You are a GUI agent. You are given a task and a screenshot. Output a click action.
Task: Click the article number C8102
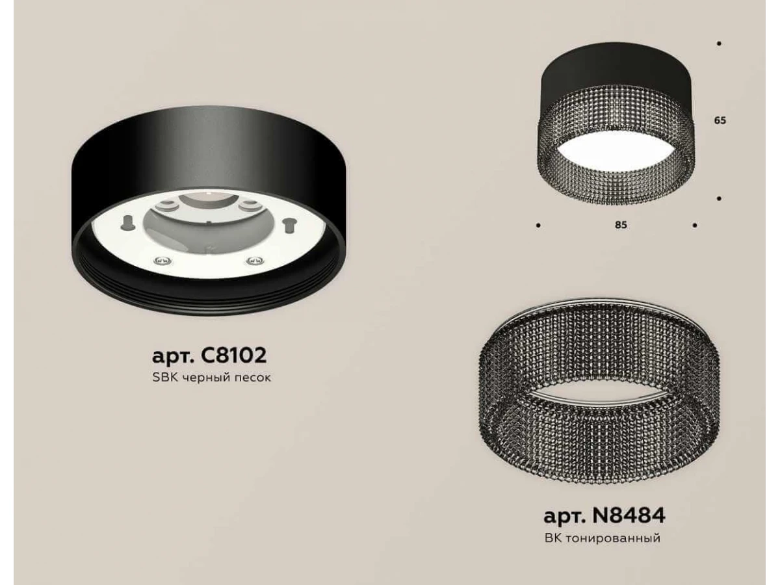click(234, 355)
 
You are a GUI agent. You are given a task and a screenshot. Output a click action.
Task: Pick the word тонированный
click(612, 538)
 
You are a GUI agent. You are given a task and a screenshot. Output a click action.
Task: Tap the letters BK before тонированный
click(552, 538)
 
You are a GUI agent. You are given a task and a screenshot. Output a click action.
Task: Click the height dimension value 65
click(720, 120)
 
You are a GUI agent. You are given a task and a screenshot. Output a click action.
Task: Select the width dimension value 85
click(621, 225)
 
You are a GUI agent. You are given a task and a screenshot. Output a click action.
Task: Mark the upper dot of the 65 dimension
click(720, 44)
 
